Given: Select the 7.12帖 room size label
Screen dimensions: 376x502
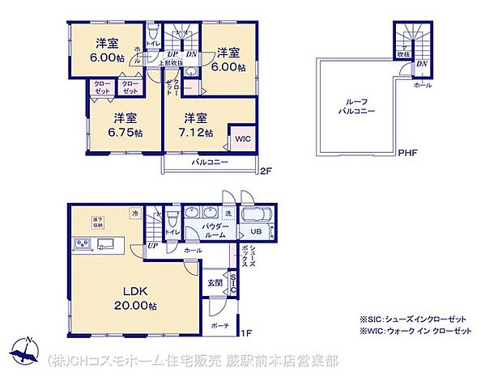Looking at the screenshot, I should tap(198, 133).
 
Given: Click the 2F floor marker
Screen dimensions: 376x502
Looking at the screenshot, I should tap(265, 170).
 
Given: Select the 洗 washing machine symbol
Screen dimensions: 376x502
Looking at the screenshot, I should tap(228, 213).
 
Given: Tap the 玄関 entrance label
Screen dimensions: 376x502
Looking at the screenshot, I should tap(214, 282).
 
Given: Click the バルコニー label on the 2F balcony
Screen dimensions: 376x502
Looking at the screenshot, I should tap(210, 163).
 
